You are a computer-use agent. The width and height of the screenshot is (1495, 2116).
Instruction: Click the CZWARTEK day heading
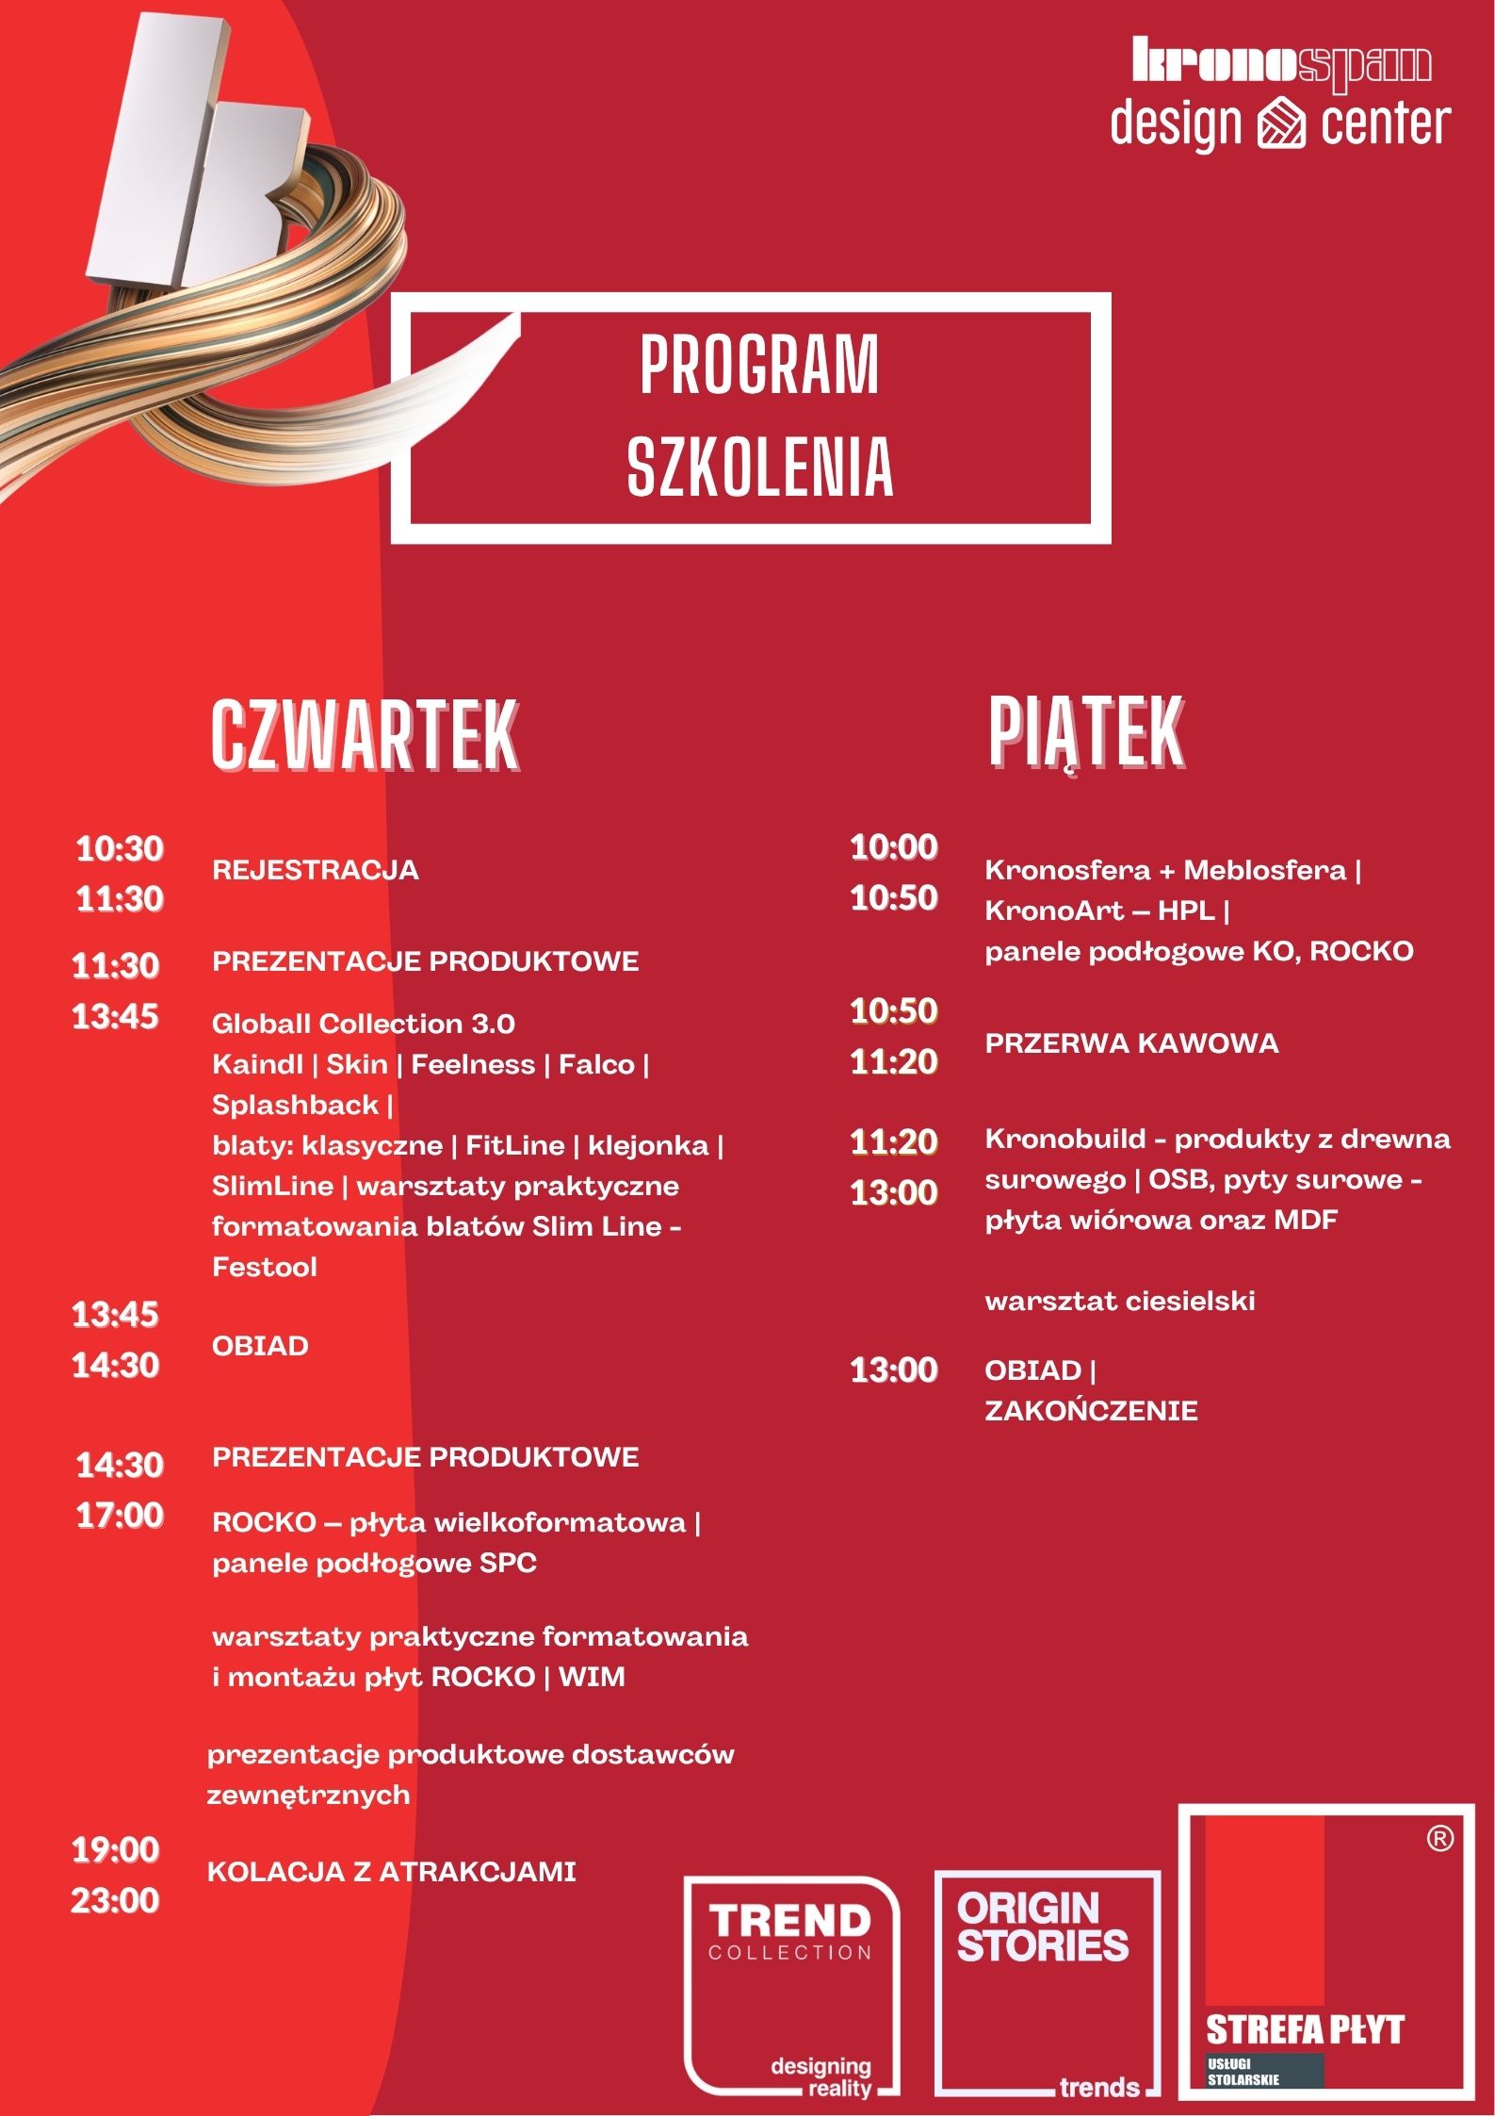(365, 735)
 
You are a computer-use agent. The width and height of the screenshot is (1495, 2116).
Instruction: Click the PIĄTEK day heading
(1085, 733)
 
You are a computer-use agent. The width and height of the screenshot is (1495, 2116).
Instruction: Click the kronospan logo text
(1281, 63)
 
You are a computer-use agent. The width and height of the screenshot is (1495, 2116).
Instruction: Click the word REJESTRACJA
(316, 870)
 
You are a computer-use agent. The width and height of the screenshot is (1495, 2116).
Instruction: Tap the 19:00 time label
(116, 1849)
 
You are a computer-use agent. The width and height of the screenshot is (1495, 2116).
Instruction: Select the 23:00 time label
(116, 1900)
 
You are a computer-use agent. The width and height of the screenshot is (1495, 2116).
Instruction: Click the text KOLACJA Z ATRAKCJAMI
(391, 1872)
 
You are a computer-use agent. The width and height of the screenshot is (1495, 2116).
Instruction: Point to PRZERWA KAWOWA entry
(1131, 1043)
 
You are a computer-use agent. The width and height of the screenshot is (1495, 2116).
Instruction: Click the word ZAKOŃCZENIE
(1091, 1411)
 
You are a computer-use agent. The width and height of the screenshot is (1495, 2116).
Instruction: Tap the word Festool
(265, 1267)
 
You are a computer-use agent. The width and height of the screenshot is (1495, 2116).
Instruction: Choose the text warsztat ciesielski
(1120, 1302)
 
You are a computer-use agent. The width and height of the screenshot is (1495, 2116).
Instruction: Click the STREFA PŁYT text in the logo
(1305, 2029)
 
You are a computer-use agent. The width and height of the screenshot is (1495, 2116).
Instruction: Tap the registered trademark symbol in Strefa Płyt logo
(1440, 1838)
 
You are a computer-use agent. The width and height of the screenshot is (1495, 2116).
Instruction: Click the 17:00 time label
(120, 1516)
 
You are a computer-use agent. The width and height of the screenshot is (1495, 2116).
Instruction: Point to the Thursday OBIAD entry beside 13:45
(260, 1346)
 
